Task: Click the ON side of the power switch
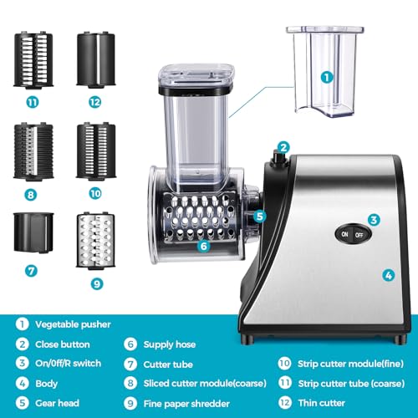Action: point(344,236)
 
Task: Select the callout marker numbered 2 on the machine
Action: point(283,148)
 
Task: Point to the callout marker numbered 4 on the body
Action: point(388,273)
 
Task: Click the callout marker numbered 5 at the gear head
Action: point(260,215)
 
